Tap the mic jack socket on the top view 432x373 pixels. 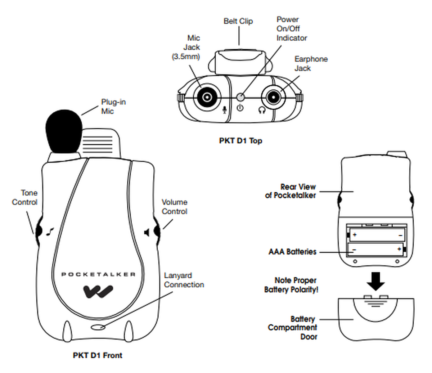(x=207, y=97)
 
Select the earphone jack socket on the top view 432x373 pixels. (x=273, y=97)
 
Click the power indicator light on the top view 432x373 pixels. (x=241, y=97)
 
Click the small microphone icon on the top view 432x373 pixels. (x=225, y=109)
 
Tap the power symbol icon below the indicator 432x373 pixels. (x=240, y=108)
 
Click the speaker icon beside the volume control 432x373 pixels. (x=147, y=233)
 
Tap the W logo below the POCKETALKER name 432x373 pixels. (x=98, y=291)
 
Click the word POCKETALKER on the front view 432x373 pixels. (x=98, y=274)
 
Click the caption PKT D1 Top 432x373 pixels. (x=240, y=141)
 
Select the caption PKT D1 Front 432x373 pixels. (x=98, y=355)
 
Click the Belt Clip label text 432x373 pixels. (x=238, y=21)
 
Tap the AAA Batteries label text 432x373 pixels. (x=292, y=252)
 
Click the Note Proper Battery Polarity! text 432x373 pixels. (x=291, y=285)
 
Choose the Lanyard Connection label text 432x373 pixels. (x=184, y=280)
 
